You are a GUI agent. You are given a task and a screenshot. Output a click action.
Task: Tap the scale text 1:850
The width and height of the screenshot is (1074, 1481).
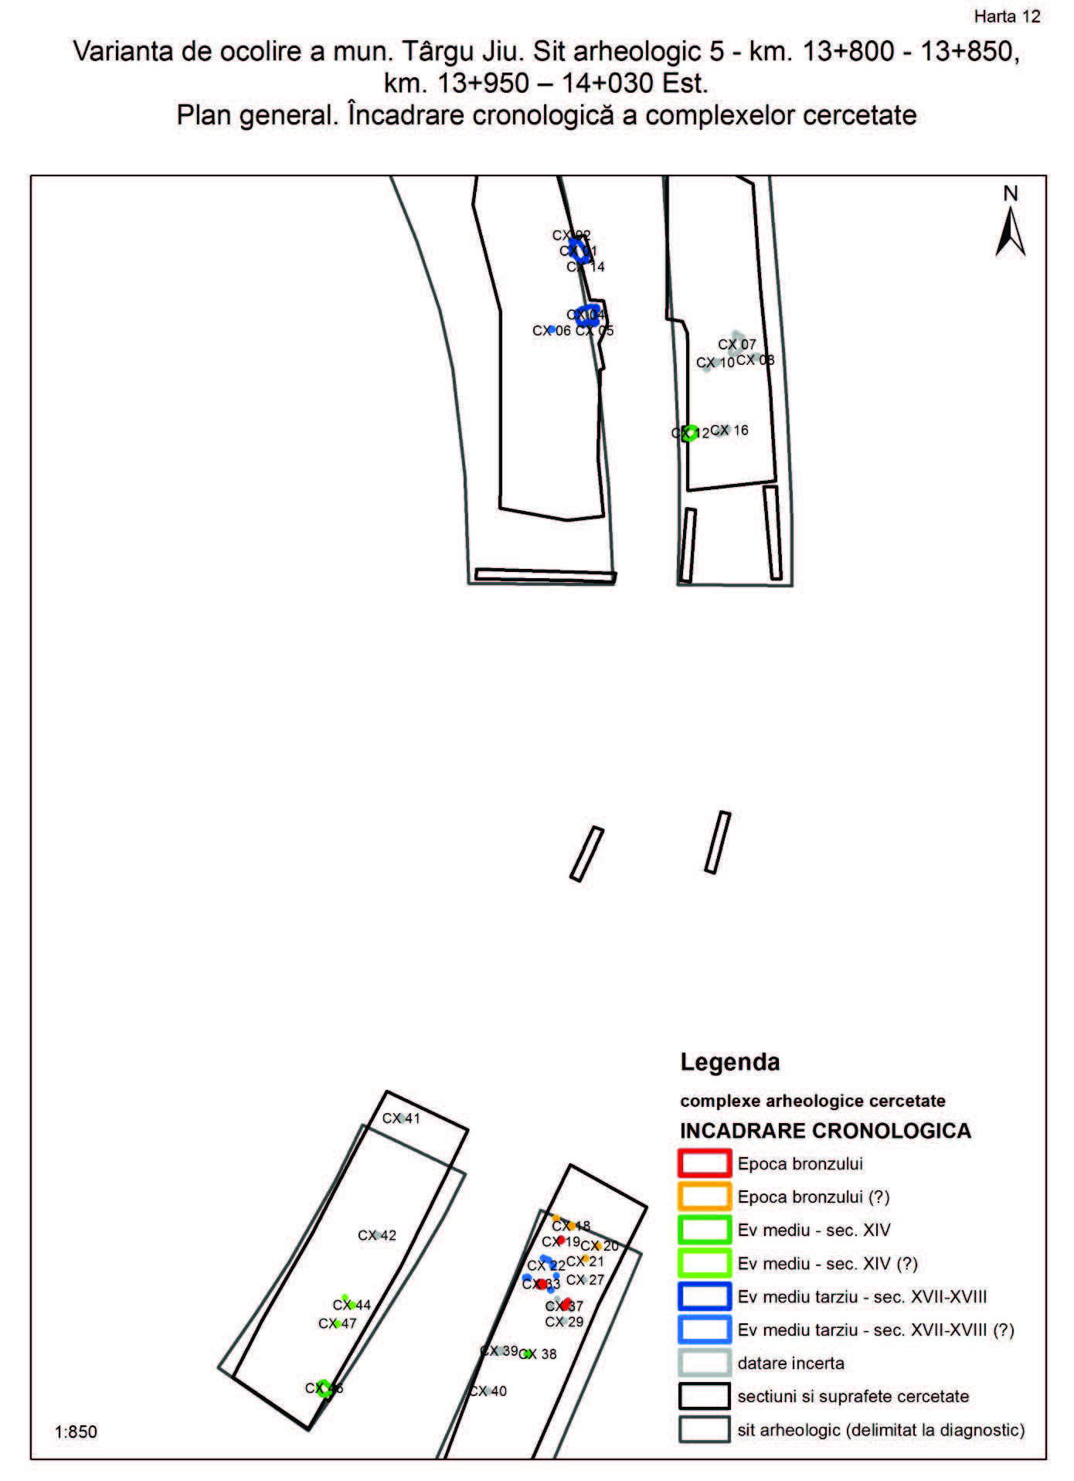click(x=76, y=1432)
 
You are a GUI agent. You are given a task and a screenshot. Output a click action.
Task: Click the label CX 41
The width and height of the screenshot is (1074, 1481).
click(x=401, y=1118)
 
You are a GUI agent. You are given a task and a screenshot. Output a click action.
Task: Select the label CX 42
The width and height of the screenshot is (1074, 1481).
click(x=377, y=1235)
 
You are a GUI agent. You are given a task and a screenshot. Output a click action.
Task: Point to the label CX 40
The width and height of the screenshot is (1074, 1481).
click(x=488, y=1391)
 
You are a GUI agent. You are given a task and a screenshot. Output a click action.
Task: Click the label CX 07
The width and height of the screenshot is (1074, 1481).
click(x=737, y=345)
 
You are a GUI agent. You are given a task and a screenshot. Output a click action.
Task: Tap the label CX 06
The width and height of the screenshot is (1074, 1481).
click(x=551, y=331)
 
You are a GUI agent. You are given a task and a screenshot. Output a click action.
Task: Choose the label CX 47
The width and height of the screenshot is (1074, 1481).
click(x=338, y=1323)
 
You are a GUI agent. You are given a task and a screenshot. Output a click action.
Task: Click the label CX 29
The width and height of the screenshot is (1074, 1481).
click(x=564, y=1322)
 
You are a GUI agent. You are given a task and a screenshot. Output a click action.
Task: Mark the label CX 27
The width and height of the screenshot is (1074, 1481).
click(x=585, y=1279)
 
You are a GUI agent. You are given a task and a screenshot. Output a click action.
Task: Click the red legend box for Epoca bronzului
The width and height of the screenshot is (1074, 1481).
click(x=704, y=1163)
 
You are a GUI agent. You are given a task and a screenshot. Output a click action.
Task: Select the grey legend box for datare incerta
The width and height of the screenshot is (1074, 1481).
click(x=704, y=1363)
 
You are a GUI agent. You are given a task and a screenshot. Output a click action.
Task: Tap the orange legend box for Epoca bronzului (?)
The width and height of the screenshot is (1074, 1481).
click(x=704, y=1197)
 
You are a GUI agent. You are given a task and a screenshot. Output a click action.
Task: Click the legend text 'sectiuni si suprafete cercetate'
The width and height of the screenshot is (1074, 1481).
click(x=853, y=1396)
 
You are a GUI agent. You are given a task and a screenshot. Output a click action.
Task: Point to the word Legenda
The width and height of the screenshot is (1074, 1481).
click(x=729, y=1062)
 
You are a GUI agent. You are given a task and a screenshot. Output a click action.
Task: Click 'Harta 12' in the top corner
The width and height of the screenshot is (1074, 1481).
click(x=1007, y=17)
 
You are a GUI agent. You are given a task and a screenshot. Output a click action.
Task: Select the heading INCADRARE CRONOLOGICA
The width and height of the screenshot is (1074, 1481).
click(x=825, y=1131)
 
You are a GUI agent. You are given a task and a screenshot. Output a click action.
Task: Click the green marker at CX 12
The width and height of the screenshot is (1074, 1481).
click(x=691, y=434)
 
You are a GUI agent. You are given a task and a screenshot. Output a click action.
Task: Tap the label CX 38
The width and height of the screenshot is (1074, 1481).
click(x=539, y=1353)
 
